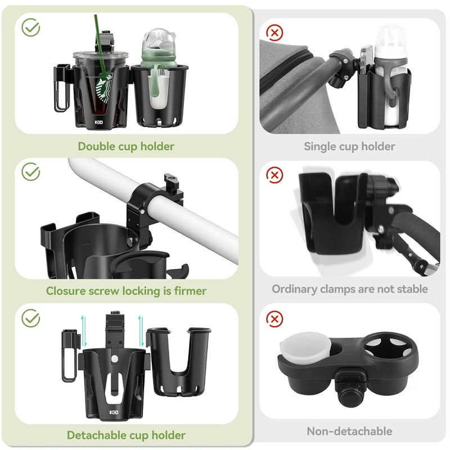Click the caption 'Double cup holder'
coord(126,147)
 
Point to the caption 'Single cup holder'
coord(349,147)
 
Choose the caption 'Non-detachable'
coord(349,431)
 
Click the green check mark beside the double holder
coord(30,27)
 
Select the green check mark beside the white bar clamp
coord(30,172)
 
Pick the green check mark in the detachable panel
coord(30,318)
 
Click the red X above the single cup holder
coord(274,33)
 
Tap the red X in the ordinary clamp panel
coord(274,175)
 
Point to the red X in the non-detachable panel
coord(274,319)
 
